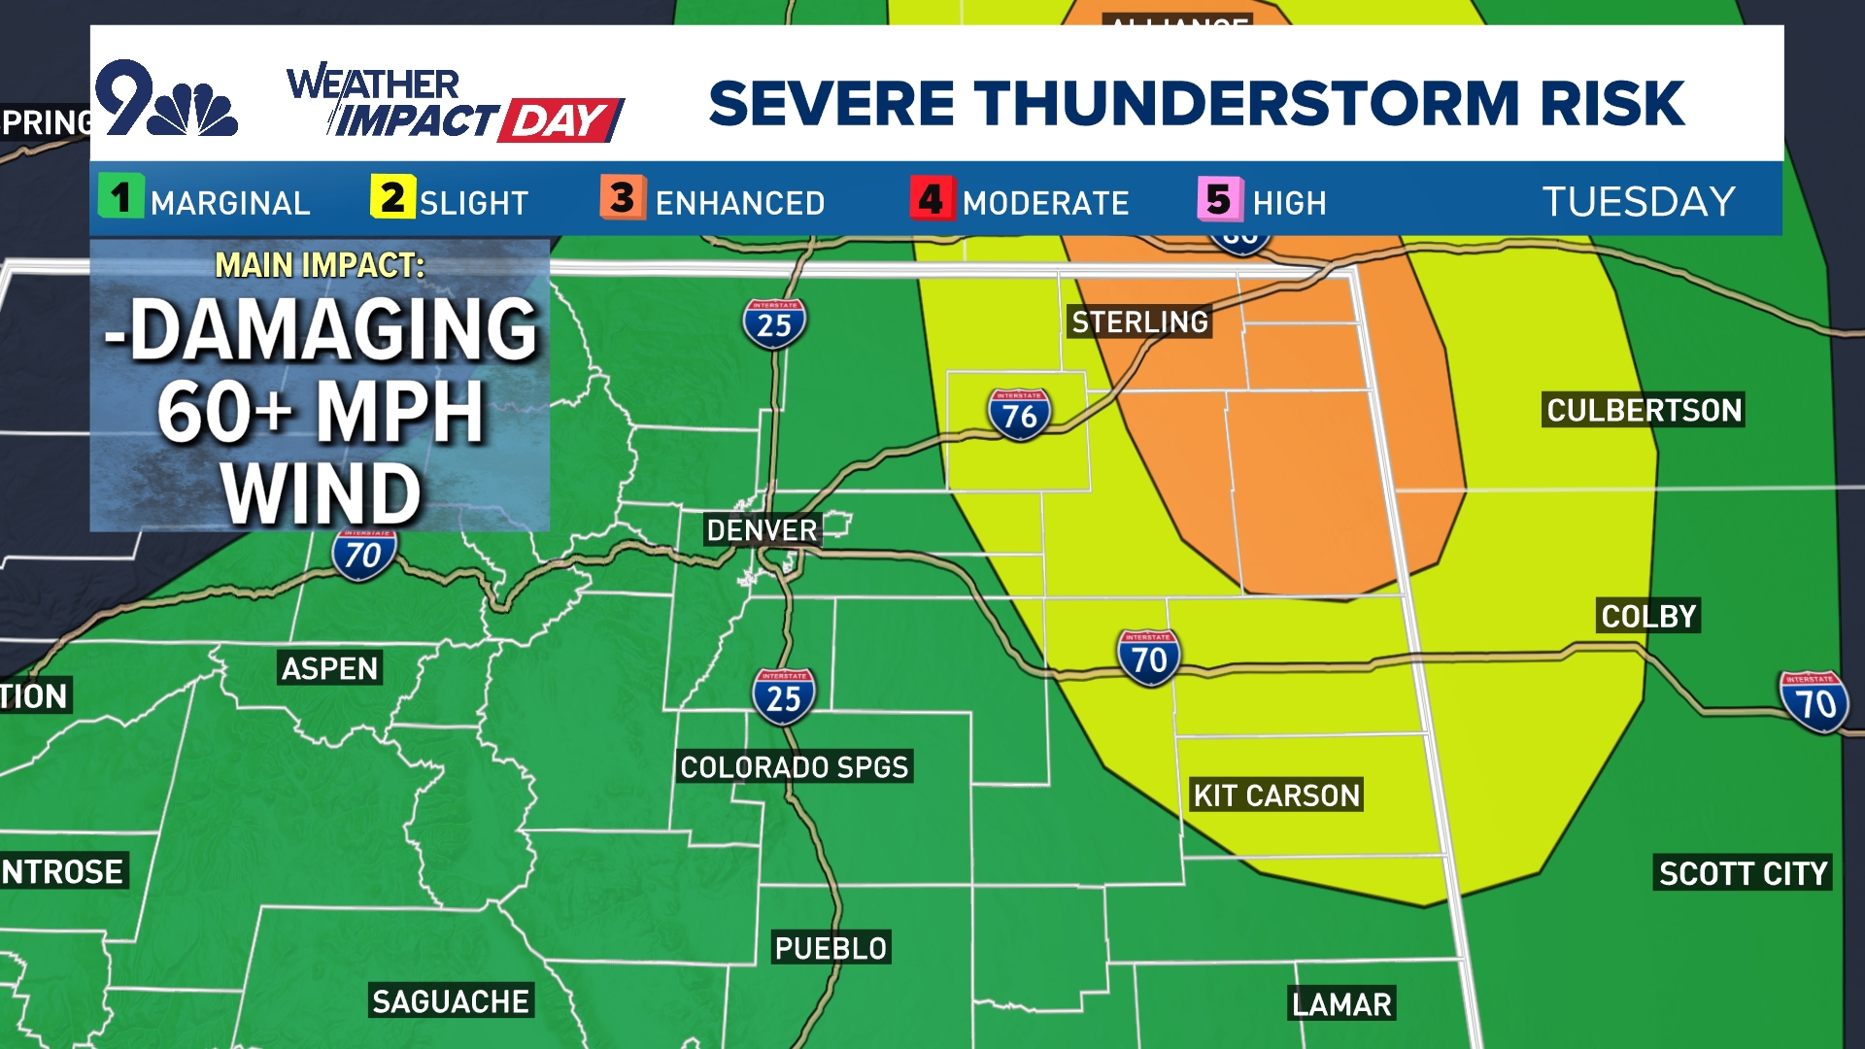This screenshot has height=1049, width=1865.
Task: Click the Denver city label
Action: point(763,530)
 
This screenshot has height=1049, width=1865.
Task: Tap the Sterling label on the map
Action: point(1139,321)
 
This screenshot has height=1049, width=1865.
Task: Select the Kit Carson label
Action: point(1276,795)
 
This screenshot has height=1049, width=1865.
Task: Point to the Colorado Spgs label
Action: point(795,767)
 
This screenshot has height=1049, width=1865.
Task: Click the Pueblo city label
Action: point(831,948)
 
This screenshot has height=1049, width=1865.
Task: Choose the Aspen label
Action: point(329,668)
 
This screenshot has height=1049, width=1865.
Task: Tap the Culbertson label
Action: point(1644,410)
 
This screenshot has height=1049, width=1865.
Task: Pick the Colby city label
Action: point(1648,616)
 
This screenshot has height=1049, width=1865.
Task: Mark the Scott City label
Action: point(1743,873)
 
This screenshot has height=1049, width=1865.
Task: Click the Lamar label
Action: point(1341,1003)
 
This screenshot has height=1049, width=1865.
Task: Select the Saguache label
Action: point(451,1001)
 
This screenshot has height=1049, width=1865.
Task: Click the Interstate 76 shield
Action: point(1019,415)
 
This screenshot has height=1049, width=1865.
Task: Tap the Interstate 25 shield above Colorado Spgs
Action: point(783,695)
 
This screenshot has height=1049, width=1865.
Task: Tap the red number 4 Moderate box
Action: point(932,199)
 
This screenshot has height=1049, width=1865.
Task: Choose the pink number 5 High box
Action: point(1219,199)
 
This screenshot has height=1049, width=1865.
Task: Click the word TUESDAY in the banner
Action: point(1639,202)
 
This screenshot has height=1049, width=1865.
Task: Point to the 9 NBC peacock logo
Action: point(166,100)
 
